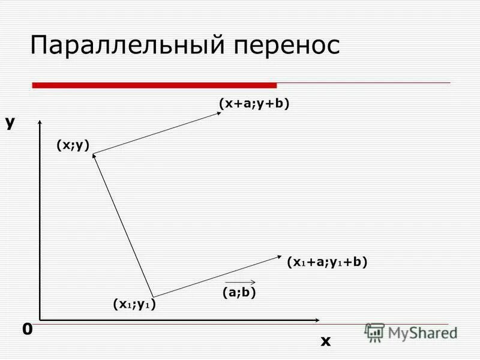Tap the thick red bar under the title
coord(154,85)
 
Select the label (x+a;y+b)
coord(254,104)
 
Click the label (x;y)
coord(73,145)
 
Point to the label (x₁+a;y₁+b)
coord(327,262)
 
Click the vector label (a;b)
coord(239,293)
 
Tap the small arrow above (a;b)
coord(241,281)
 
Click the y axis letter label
coord(10,122)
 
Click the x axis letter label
coord(325,341)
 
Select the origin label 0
coord(27,329)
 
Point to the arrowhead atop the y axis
coord(40,124)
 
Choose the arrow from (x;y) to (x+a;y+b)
coord(156,134)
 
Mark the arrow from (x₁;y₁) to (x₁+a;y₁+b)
coord(216,277)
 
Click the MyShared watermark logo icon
coord(375,332)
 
